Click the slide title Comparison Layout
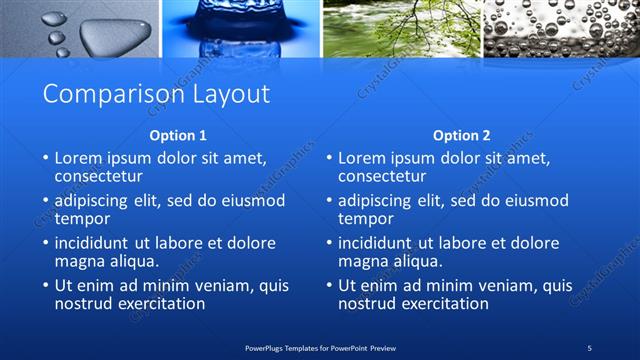click(156, 94)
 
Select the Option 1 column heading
click(178, 135)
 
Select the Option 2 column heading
click(462, 135)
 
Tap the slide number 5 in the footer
click(590, 347)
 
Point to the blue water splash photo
click(240, 28)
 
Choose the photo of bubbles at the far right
click(561, 28)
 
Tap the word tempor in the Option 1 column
click(83, 219)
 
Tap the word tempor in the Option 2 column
click(366, 219)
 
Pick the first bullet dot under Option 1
click(45, 158)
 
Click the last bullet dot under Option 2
click(328, 286)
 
